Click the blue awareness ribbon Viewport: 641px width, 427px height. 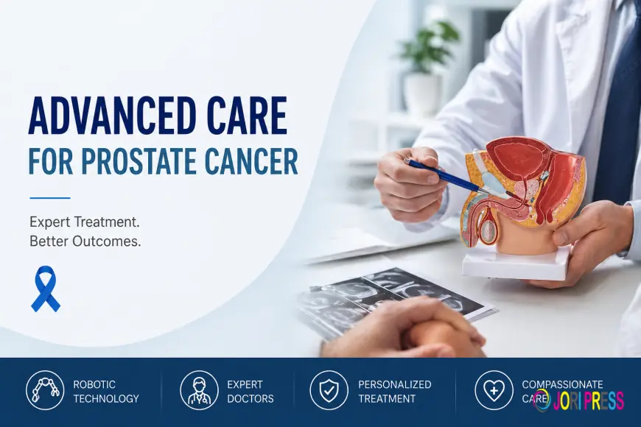[46, 288]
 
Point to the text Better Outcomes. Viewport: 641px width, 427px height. [85, 241]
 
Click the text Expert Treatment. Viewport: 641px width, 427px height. [85, 221]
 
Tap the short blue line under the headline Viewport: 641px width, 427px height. [49, 197]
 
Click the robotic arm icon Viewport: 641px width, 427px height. [45, 390]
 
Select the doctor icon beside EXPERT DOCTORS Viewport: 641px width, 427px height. [199, 390]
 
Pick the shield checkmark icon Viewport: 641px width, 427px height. [329, 390]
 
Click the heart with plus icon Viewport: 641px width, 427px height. [494, 390]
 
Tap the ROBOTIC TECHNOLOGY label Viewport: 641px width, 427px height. [106, 391]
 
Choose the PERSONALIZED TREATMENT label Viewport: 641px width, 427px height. [394, 391]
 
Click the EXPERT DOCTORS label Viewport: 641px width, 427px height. [250, 391]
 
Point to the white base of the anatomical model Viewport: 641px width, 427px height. [516, 263]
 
